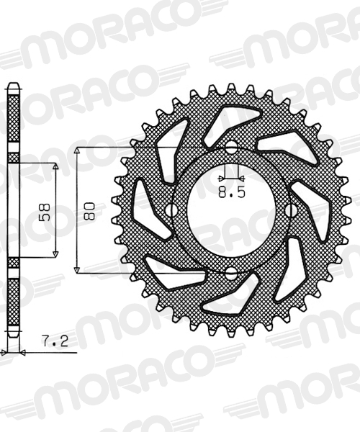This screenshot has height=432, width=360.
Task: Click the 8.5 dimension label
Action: pyautogui.click(x=232, y=192)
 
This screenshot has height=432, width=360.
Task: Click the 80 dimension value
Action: pyautogui.click(x=90, y=211)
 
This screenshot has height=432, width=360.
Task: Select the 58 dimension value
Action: pyautogui.click(x=45, y=212)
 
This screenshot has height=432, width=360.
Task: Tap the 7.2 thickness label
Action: pyautogui.click(x=55, y=341)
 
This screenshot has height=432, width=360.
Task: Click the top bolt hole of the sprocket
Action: pyautogui.click(x=232, y=145)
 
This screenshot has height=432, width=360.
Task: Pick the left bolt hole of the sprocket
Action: pyautogui.click(x=172, y=210)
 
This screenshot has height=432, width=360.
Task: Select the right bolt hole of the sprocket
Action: pyautogui.click(x=290, y=210)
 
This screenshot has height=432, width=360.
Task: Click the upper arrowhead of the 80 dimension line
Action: pyautogui.click(x=77, y=150)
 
